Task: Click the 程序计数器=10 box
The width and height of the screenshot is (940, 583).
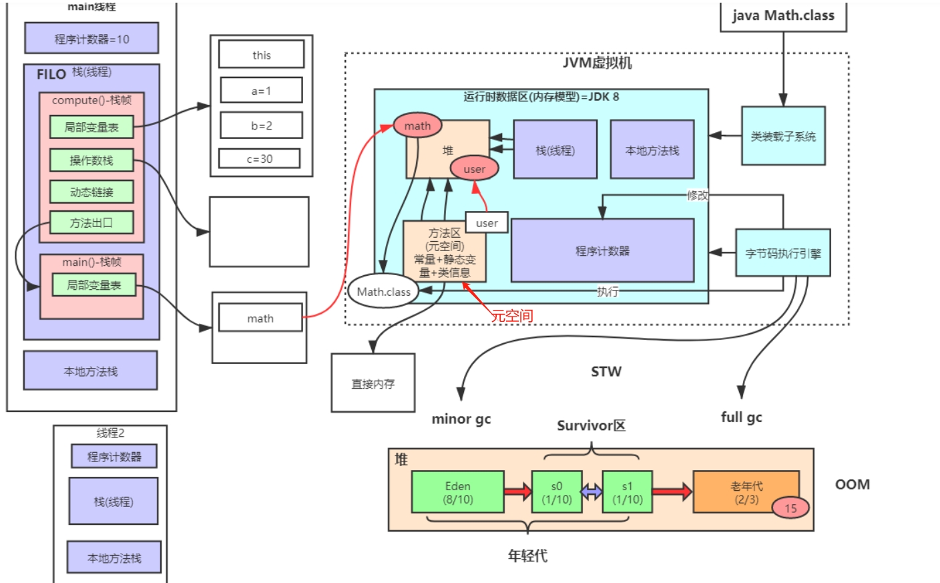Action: tap(91, 39)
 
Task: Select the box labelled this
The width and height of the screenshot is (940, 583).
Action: tap(261, 55)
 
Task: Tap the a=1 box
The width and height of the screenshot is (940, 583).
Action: tap(261, 90)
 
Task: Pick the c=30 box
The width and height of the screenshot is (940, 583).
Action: tap(259, 159)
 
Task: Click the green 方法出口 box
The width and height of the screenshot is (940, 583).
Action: tap(91, 223)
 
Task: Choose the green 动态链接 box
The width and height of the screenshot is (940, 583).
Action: tap(91, 192)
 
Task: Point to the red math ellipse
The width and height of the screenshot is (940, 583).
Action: tap(417, 126)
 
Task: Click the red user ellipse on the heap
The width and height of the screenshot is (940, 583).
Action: tap(474, 169)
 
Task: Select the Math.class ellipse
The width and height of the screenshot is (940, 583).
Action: tap(383, 291)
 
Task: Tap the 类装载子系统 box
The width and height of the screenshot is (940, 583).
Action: tap(782, 136)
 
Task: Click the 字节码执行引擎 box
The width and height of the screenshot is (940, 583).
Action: tap(782, 253)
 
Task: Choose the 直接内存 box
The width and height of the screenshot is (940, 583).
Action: tap(373, 383)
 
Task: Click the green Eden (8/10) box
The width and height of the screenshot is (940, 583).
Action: tap(457, 493)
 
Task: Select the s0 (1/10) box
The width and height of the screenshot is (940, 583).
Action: tap(556, 493)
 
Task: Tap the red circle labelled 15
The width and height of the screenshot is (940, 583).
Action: tap(790, 508)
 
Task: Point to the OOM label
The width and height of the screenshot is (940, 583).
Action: tap(852, 484)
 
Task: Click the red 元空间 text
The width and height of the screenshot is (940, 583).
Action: tap(512, 316)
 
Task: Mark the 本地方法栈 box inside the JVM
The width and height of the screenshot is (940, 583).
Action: tap(652, 150)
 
